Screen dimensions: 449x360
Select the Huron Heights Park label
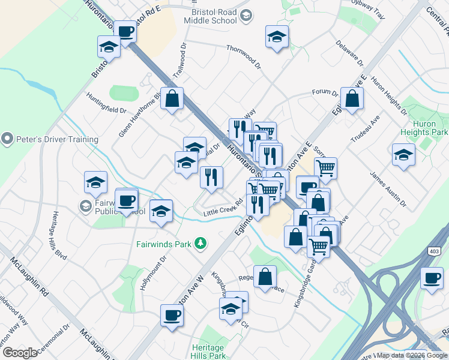coord(432,127)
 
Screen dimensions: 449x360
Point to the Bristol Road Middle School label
coord(214,16)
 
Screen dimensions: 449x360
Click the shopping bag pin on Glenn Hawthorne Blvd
coord(172,99)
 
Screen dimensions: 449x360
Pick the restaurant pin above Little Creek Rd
coord(211,177)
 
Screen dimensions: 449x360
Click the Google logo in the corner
coord(20,353)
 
